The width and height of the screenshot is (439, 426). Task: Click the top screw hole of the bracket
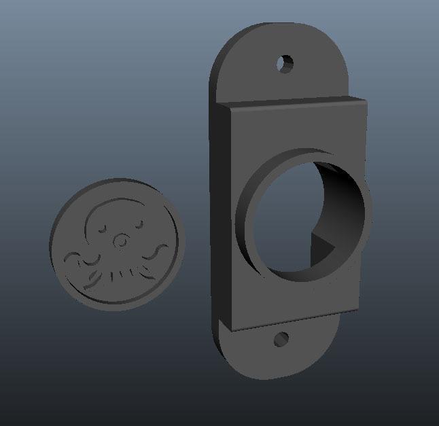[285, 64]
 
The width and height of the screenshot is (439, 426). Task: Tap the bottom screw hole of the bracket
[281, 338]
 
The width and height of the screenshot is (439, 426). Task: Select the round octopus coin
[117, 243]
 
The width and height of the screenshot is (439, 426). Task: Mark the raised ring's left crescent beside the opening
[246, 217]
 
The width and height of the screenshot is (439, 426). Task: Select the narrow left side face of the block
[224, 217]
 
